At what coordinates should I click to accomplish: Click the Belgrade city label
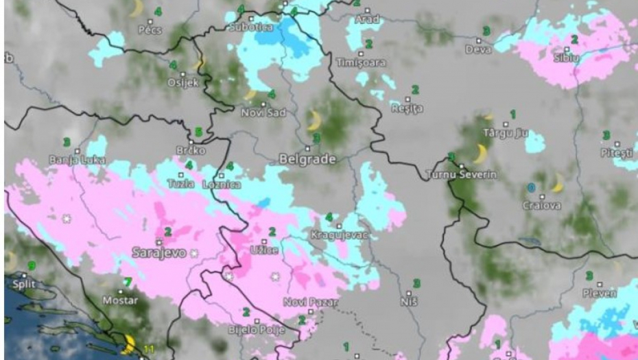click(307, 159)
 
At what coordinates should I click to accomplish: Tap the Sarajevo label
click(158, 253)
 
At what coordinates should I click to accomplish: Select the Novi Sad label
click(263, 112)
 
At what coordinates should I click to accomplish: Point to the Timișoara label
click(361, 62)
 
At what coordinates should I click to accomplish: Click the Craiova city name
click(541, 205)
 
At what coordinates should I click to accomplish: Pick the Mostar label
click(120, 300)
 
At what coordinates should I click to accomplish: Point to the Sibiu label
click(566, 58)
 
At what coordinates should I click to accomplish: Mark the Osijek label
click(183, 82)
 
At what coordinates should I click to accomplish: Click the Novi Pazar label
click(311, 302)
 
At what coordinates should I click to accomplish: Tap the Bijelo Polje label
click(255, 330)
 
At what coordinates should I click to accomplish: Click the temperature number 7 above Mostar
click(127, 281)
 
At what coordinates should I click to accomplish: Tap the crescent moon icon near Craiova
click(557, 183)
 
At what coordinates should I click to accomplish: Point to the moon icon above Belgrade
click(314, 121)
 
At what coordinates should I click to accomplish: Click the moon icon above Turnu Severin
click(480, 154)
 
